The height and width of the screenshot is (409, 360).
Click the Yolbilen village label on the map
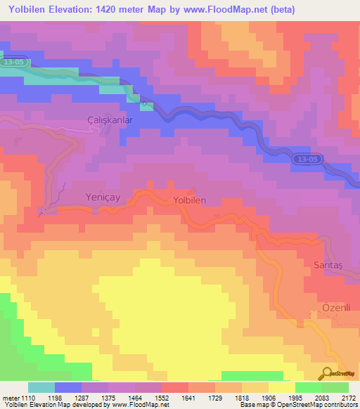tap(189, 200)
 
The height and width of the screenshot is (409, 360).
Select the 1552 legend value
tap(160, 398)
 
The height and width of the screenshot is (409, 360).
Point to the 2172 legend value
tap(348, 398)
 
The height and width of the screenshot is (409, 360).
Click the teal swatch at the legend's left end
tap(41, 387)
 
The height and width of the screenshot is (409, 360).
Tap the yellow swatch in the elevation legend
tap(281, 387)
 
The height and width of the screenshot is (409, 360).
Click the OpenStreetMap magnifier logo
tap(328, 374)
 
